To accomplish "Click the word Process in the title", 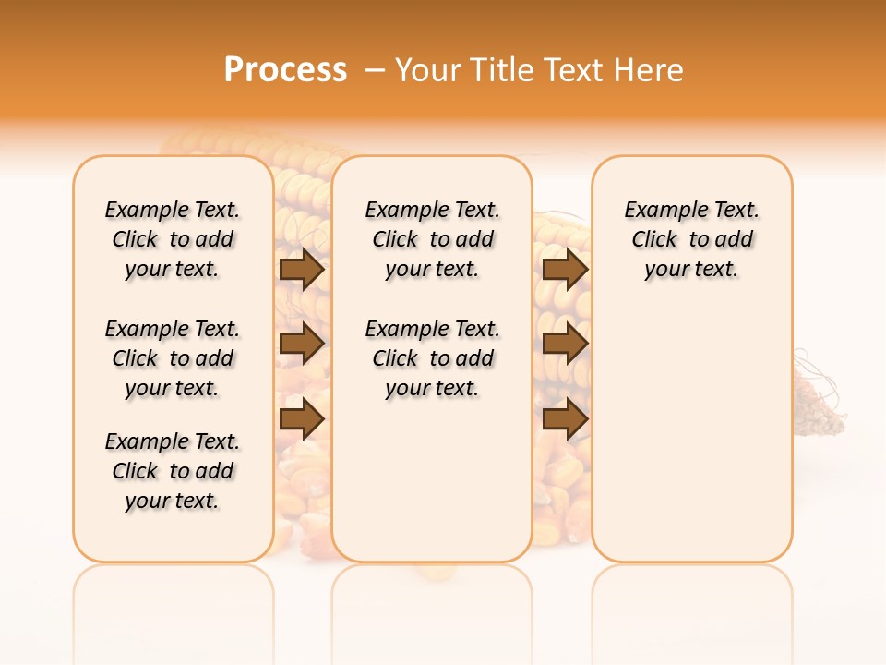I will pos(285,70).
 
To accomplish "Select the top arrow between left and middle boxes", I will pos(302,269).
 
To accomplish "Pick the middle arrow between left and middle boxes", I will pos(302,344).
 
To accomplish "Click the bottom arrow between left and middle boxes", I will pos(302,418).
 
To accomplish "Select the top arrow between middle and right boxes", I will pos(566,269).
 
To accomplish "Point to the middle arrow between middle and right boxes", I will pos(566,344).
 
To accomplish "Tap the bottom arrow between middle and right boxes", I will pos(566,418).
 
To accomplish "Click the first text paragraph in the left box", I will pos(173,239).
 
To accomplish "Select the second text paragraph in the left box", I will pos(173,358).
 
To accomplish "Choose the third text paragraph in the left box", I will pos(173,471).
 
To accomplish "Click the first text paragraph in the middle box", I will pos(433,239).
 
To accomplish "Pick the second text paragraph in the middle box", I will pos(433,358).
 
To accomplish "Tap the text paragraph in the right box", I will pos(692,239).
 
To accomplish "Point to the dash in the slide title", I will pos(375,70).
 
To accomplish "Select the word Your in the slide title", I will pos(428,70).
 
